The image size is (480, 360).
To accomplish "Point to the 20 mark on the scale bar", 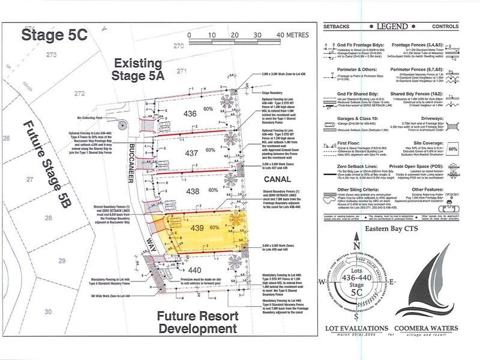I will (234, 35).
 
